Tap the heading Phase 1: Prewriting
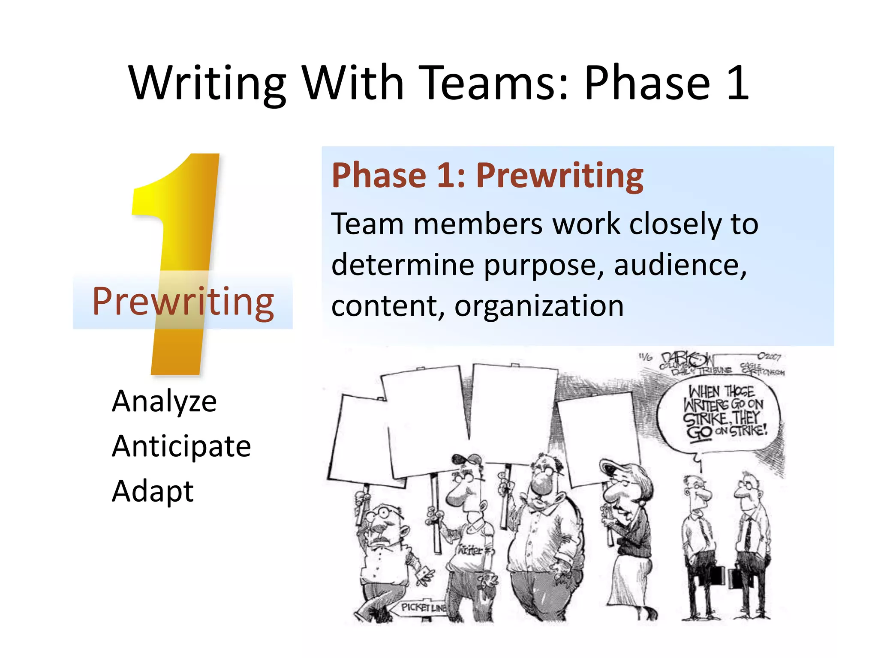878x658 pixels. (487, 176)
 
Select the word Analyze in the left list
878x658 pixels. (164, 401)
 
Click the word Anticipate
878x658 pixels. (181, 446)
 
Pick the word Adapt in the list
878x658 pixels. (153, 491)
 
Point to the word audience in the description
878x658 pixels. (680, 265)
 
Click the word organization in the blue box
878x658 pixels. (538, 306)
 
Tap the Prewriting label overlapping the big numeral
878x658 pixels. (183, 302)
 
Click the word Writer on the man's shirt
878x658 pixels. (470, 550)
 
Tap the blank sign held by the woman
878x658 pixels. (598, 439)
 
